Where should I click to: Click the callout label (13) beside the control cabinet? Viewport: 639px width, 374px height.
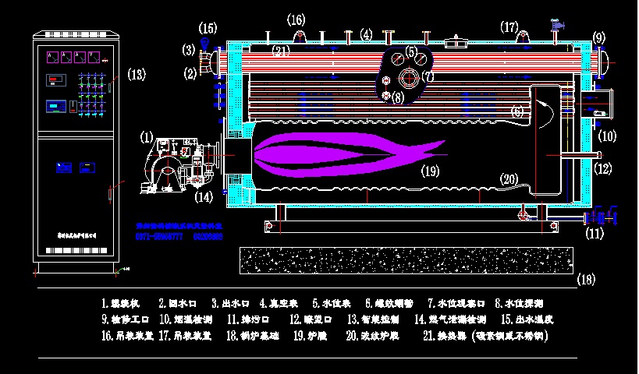pyautogui.click(x=136, y=75)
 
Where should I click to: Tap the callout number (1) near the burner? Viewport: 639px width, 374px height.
pyautogui.click(x=147, y=136)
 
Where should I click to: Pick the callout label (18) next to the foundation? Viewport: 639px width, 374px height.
pyautogui.click(x=585, y=278)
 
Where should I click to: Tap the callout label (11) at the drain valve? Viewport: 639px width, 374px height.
pyautogui.click(x=595, y=232)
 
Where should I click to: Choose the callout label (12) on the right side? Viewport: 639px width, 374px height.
pyautogui.click(x=602, y=168)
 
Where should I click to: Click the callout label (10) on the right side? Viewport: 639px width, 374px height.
pyautogui.click(x=606, y=136)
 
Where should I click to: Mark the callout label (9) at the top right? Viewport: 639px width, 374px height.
pyautogui.click(x=598, y=37)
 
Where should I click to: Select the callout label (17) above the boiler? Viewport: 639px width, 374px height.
pyautogui.click(x=509, y=27)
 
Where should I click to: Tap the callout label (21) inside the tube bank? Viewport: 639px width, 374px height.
pyautogui.click(x=282, y=51)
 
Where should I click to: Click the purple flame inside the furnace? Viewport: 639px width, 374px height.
pyautogui.click(x=335, y=153)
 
